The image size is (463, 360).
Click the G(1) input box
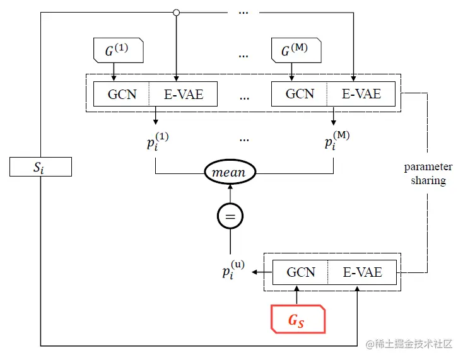click(x=119, y=50)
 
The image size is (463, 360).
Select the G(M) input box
click(x=296, y=50)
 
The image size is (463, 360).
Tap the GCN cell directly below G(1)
click(x=122, y=94)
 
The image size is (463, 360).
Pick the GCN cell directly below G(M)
click(x=300, y=94)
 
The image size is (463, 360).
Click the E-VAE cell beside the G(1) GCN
click(x=184, y=94)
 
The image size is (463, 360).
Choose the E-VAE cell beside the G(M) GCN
click(x=361, y=94)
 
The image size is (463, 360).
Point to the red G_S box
click(x=298, y=320)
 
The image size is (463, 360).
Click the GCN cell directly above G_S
click(x=300, y=272)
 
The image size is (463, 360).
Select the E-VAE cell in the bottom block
click(x=362, y=272)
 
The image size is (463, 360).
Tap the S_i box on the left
click(x=41, y=167)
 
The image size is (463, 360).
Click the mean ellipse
click(x=230, y=171)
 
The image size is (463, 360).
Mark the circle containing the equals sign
click(x=230, y=217)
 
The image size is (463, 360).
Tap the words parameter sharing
click(x=428, y=174)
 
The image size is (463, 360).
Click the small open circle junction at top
click(x=177, y=12)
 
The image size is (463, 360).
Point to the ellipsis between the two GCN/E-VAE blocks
click(x=245, y=98)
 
